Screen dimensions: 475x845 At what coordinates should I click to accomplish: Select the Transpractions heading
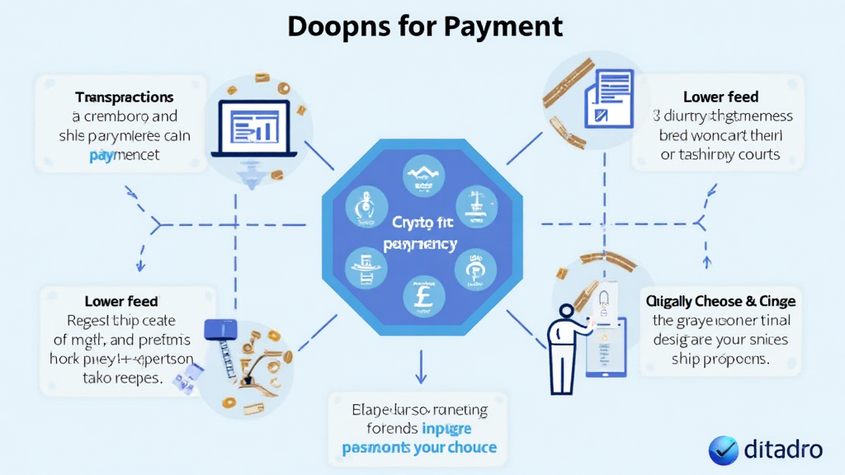coord(124,97)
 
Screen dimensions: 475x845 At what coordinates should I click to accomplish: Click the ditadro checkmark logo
coord(724,450)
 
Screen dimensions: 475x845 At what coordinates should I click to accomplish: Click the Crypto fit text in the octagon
coord(421,223)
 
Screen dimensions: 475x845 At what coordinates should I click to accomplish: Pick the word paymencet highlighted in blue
coord(124,154)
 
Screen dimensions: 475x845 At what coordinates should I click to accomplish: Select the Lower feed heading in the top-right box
coord(720,97)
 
